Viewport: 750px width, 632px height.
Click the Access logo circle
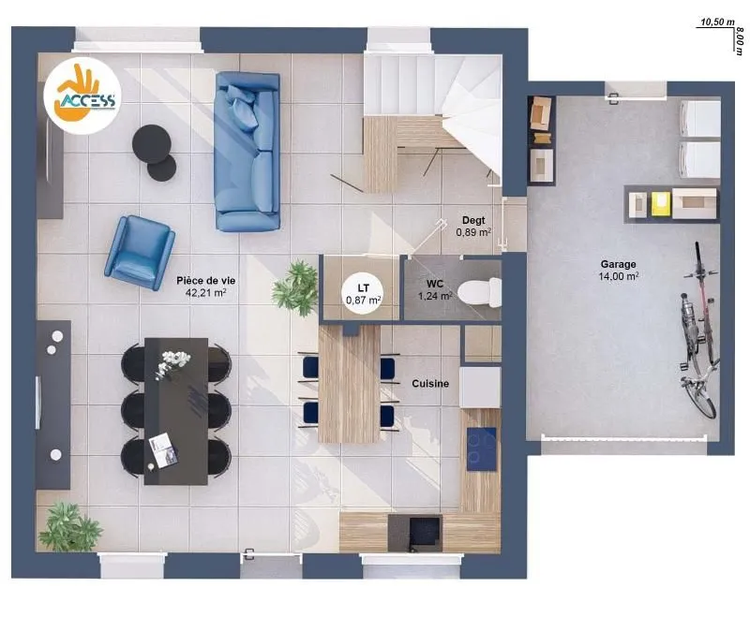(82, 96)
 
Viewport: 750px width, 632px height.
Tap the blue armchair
(140, 252)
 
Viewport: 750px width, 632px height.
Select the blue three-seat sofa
(247, 152)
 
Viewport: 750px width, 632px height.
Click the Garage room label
(619, 264)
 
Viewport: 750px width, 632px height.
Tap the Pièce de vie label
(205, 281)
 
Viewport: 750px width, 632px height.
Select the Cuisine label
(430, 384)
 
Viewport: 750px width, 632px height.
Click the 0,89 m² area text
(473, 232)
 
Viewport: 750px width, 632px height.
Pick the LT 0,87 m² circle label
(364, 294)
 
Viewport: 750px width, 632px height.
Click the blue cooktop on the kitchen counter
(481, 449)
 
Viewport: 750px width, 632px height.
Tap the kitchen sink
(425, 531)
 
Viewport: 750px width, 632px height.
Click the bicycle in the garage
(699, 331)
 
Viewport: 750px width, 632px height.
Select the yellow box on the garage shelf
(661, 203)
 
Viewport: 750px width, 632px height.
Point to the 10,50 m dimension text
(717, 22)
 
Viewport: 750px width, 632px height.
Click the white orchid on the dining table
(173, 363)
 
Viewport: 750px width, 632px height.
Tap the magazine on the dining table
(163, 450)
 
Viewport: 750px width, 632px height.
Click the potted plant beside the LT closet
(296, 288)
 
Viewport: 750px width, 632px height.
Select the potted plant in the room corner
(69, 527)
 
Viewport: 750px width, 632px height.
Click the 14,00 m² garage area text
(619, 276)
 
